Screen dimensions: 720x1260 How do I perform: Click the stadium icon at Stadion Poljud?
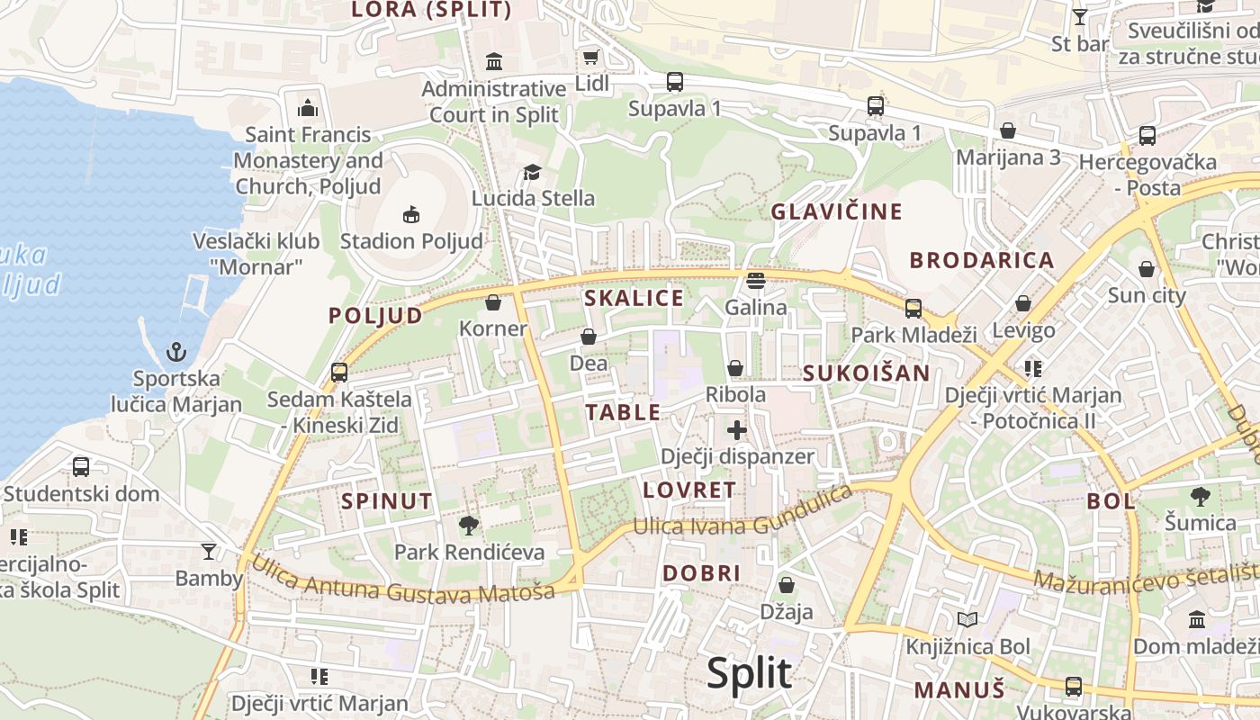[x=410, y=214]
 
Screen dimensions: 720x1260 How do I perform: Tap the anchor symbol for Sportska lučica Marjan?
[x=176, y=351]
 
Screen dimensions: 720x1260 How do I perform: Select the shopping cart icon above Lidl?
[x=590, y=58]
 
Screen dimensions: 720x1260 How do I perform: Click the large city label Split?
[x=749, y=673]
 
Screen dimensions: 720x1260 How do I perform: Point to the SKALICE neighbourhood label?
[x=634, y=298]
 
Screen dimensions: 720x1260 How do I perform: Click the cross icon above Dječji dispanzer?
[x=737, y=430]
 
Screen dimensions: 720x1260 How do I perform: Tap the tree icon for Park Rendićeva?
[x=468, y=526]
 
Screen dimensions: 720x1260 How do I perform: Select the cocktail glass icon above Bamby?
[x=209, y=551]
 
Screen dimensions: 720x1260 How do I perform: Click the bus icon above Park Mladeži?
[x=913, y=309]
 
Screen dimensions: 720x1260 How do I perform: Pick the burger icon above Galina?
[x=756, y=281]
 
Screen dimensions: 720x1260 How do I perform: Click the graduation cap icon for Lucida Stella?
[x=533, y=172]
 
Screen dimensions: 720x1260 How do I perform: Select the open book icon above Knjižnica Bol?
[x=967, y=620]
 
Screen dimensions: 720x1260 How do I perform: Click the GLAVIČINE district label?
[x=836, y=211]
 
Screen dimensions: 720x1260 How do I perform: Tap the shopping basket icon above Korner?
[x=492, y=302]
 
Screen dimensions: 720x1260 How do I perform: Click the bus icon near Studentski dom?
[x=81, y=467]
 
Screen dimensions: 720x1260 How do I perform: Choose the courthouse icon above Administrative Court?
[x=494, y=62]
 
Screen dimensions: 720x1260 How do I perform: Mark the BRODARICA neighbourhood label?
[x=981, y=260]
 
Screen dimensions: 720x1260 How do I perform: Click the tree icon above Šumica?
[x=1200, y=496]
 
